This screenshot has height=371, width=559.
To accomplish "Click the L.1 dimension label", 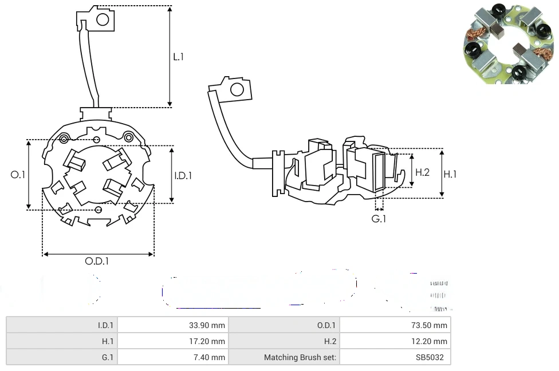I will pos(179,57).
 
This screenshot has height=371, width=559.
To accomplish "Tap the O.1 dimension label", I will pos(18,175).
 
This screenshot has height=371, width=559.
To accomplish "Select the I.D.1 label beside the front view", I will pos(183,176).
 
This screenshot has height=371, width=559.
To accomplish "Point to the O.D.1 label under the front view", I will pos(97,261).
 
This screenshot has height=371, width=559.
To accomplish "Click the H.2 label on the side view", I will pos(422,172).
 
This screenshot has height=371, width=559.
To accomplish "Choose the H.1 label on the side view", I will pos(451,174).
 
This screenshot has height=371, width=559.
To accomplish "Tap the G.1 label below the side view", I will pos(379,219).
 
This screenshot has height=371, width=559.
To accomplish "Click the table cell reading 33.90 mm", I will pos(207,325).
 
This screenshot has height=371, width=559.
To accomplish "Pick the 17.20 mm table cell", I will pos(207,341).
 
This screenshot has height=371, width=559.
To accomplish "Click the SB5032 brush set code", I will pos(433,357).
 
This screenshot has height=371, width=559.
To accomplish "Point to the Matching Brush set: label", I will pos(300,357).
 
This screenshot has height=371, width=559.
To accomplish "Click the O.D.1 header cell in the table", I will pos(326,325).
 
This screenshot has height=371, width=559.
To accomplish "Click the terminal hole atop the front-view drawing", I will pos(103,20).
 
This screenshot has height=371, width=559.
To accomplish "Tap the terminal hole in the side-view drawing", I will pos(236,89).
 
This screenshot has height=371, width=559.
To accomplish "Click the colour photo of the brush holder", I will pos(508,45).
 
